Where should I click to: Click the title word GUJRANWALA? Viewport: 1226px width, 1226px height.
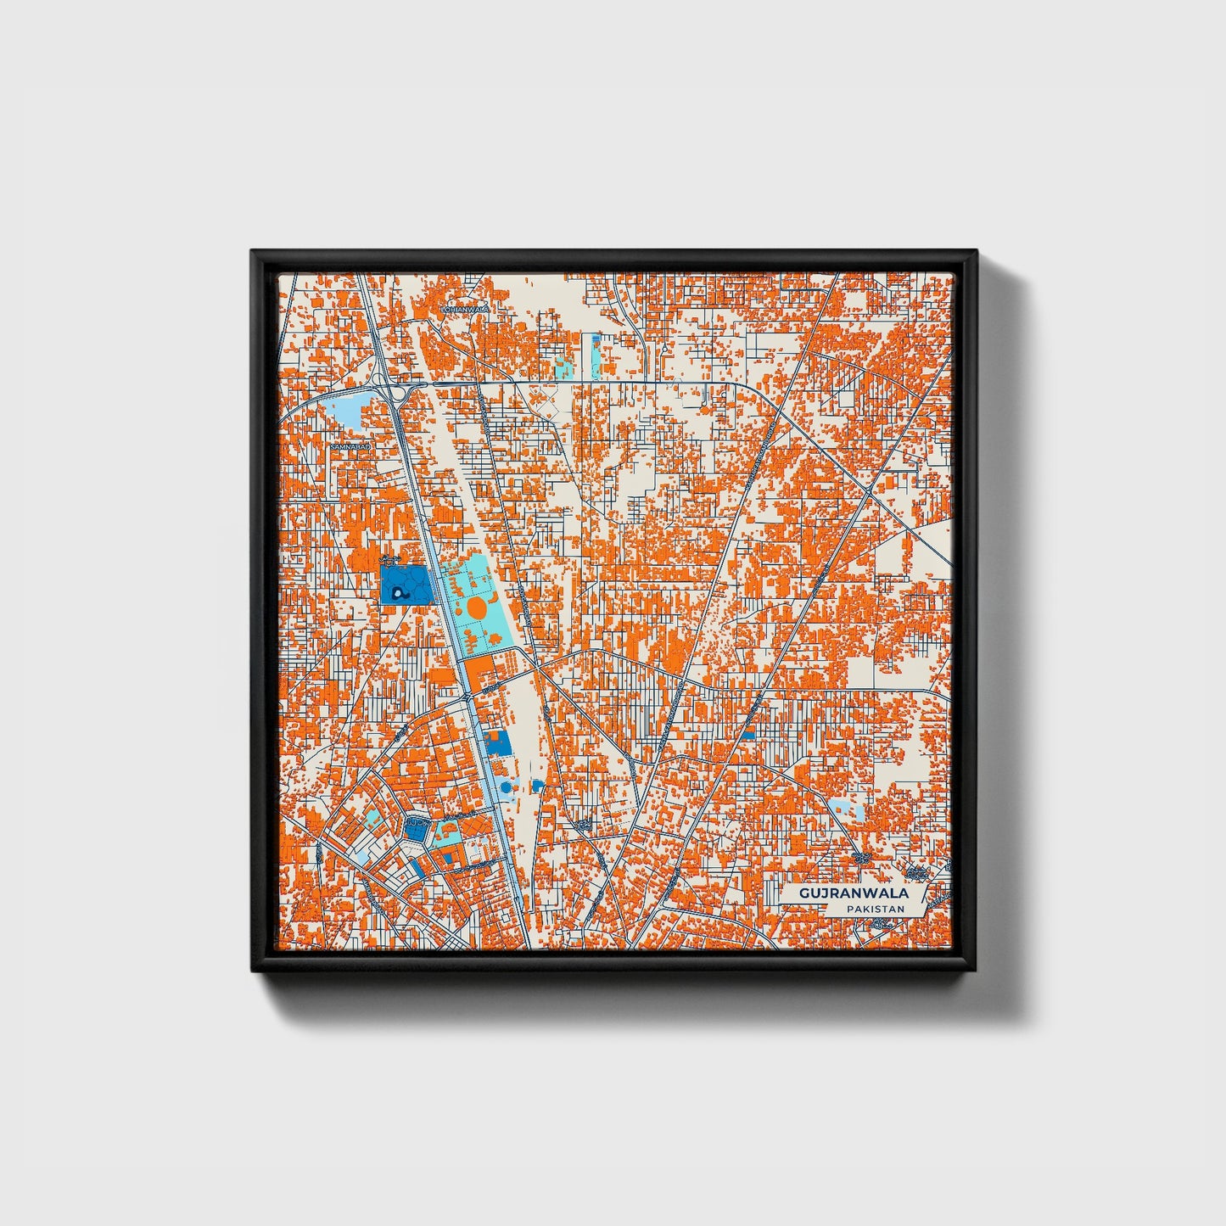(853, 893)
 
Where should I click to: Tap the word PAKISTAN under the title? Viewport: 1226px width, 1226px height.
(874, 910)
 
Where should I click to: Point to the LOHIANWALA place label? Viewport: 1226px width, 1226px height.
(465, 311)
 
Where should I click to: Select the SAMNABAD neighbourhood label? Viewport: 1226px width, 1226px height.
(350, 445)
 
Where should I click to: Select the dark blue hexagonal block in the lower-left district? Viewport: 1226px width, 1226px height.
(416, 829)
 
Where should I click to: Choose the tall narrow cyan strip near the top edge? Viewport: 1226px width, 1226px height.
(592, 355)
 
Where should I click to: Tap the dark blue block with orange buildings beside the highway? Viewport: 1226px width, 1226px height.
(499, 742)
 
